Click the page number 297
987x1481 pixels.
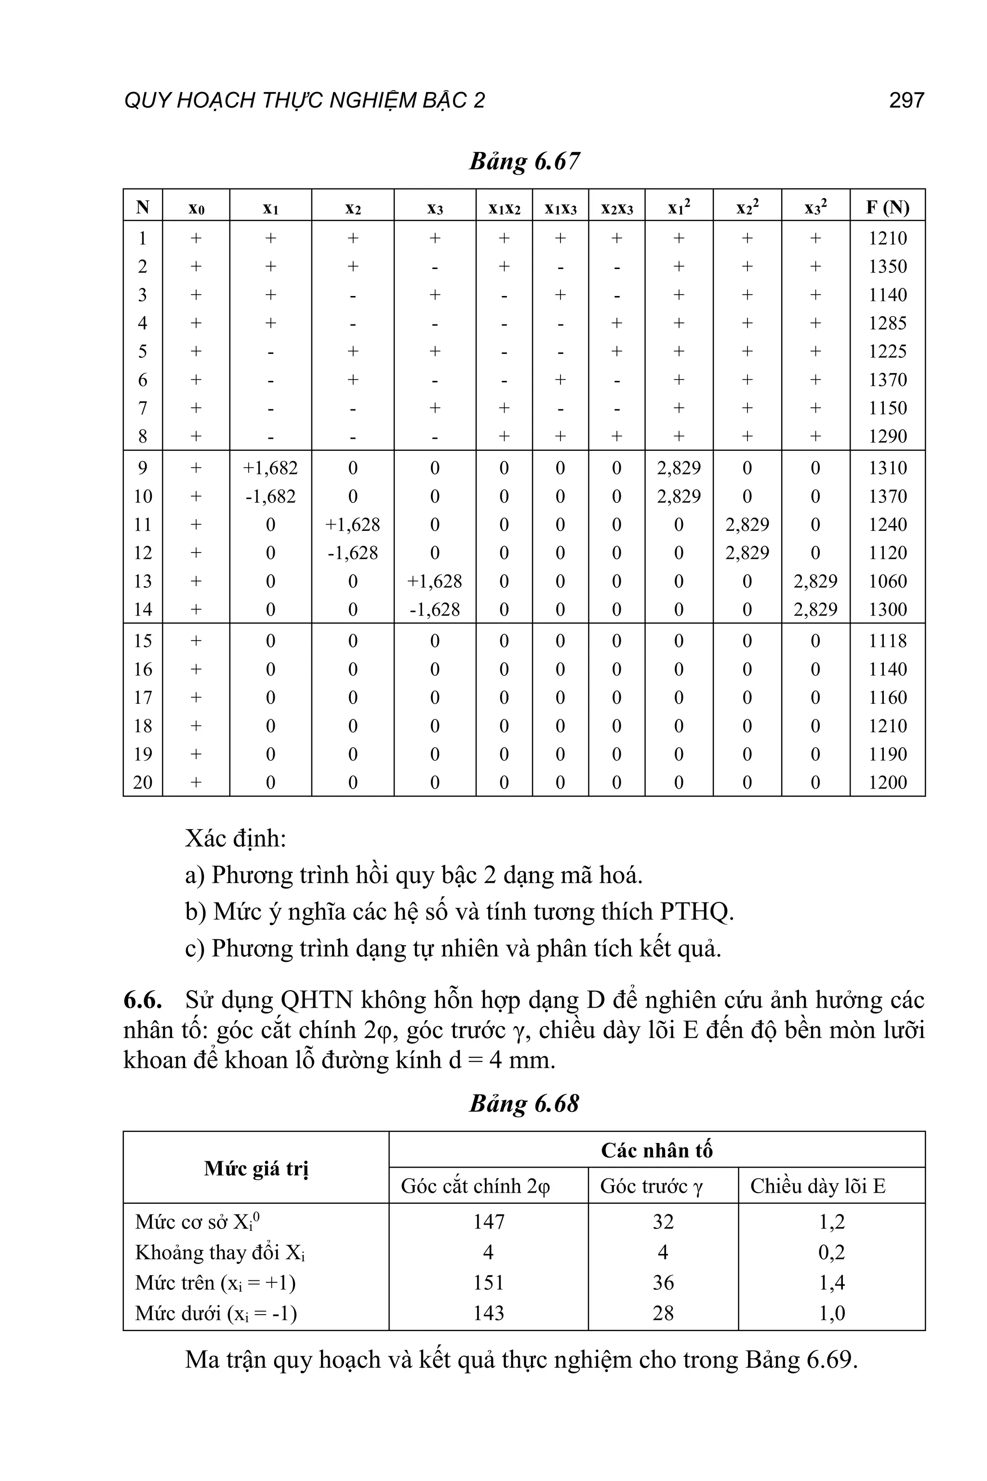click(x=906, y=100)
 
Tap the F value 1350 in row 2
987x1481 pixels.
click(x=888, y=266)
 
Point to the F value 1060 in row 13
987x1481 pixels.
click(x=888, y=581)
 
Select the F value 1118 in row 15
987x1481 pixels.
click(x=888, y=641)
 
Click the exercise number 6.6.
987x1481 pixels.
click(x=142, y=999)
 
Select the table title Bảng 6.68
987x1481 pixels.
click(x=524, y=1104)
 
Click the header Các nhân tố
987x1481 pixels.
click(x=656, y=1150)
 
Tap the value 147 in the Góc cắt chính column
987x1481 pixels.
click(x=489, y=1222)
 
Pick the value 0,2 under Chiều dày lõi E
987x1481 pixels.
click(x=831, y=1252)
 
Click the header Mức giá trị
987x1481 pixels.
click(x=256, y=1169)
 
